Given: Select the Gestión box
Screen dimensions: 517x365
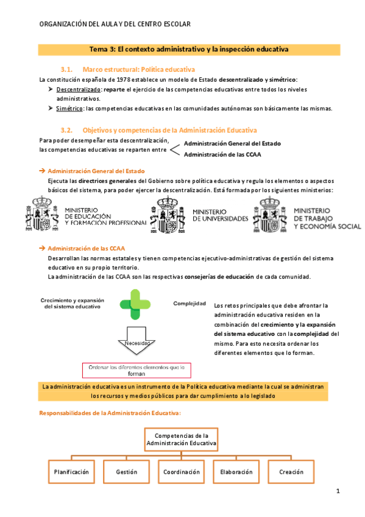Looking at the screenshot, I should (127, 472).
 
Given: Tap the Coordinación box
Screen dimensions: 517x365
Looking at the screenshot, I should (182, 472).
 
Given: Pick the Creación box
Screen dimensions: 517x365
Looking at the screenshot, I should (291, 472).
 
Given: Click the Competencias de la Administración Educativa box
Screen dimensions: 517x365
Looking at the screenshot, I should (182, 440).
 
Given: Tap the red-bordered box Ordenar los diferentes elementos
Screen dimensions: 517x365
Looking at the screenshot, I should (137, 370).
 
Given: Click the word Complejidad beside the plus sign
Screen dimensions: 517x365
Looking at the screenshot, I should (190, 303).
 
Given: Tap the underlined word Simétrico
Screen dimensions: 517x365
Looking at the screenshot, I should (69, 109).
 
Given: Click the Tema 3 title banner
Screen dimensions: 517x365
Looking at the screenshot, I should (189, 48).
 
